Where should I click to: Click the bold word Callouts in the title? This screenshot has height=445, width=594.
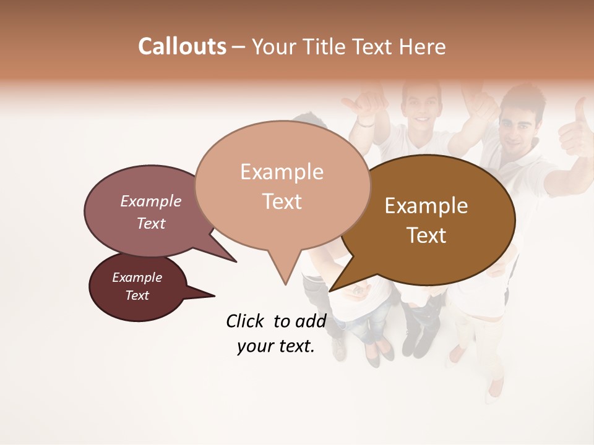click(182, 46)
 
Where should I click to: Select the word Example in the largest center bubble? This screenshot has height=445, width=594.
click(282, 172)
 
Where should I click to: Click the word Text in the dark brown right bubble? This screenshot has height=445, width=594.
click(427, 235)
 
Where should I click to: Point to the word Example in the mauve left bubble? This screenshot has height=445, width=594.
click(150, 201)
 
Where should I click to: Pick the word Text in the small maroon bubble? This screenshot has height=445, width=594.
click(137, 295)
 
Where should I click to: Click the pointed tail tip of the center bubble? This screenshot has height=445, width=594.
click(285, 285)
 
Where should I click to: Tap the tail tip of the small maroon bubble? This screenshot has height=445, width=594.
click(214, 296)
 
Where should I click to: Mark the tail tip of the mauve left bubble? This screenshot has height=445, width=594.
click(236, 261)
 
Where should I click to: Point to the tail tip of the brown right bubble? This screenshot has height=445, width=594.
click(330, 290)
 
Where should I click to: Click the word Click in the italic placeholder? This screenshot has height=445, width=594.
click(244, 321)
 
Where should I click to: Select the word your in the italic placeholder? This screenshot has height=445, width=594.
click(254, 347)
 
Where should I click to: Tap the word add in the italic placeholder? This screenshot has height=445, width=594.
click(311, 321)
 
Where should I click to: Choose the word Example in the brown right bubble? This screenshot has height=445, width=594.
click(426, 206)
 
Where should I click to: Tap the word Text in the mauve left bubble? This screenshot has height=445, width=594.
click(150, 224)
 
